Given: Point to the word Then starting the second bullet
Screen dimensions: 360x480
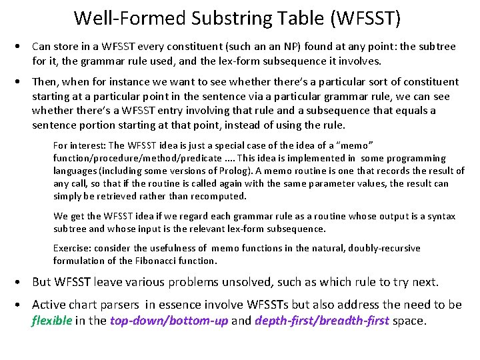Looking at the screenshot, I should click(x=45, y=82).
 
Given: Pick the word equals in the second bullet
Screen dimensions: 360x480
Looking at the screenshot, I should click(x=413, y=111).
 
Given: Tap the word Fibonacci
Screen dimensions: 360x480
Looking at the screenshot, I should click(x=139, y=261).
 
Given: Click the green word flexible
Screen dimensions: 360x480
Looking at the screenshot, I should click(x=52, y=320).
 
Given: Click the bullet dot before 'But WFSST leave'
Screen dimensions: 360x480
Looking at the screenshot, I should click(x=22, y=282).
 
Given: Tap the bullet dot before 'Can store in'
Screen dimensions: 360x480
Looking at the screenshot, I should click(x=22, y=47).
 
